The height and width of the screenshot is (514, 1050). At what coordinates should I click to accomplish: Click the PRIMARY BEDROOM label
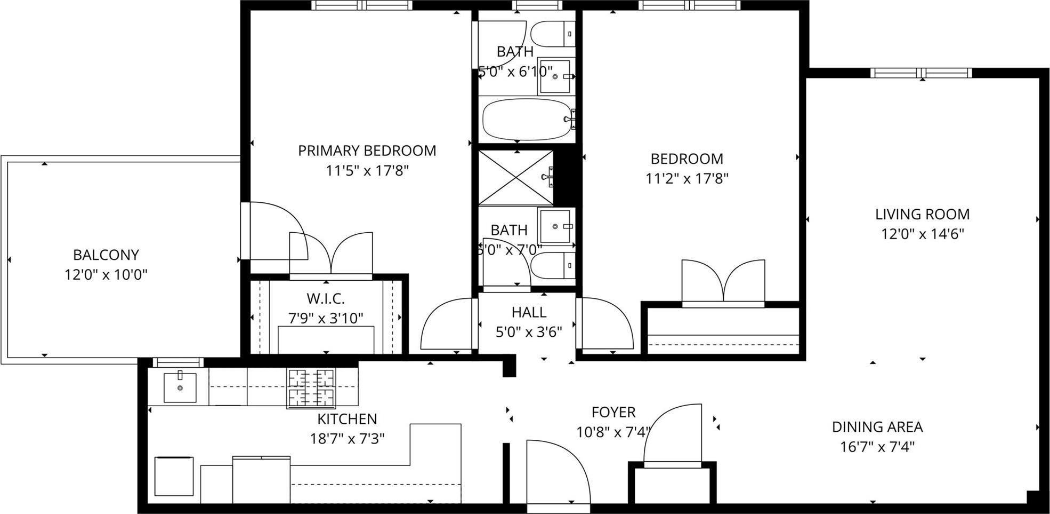point(367,151)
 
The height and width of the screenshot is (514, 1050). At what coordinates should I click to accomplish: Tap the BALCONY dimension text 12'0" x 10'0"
point(106,275)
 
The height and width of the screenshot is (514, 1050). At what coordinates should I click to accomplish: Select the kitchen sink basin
point(180,388)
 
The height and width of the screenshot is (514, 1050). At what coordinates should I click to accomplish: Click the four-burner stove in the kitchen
point(311,389)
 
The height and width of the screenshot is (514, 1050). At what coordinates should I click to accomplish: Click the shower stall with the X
point(516,178)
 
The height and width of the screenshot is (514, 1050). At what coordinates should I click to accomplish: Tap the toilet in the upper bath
point(552,34)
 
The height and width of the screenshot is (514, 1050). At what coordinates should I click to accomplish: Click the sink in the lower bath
point(556,226)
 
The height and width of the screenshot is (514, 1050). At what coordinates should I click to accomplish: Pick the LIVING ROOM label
point(922,215)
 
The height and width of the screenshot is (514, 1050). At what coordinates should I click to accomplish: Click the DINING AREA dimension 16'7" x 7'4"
point(877,447)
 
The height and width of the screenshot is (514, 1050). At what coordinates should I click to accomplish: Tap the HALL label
point(528,312)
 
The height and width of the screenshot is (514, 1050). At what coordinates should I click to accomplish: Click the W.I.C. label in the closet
point(325,298)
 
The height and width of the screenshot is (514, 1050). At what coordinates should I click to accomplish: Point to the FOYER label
point(613,412)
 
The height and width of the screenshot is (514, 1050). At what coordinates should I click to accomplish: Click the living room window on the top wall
point(922,73)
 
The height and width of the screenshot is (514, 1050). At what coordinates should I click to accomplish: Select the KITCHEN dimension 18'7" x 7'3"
point(348,439)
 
